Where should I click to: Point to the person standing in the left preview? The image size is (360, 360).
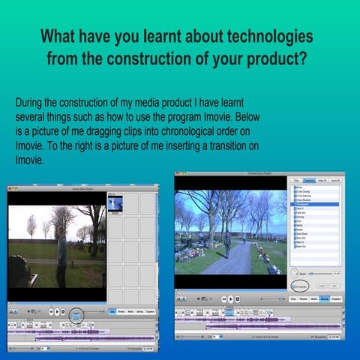pos(61,252)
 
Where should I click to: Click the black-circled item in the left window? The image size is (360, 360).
pos(76,314)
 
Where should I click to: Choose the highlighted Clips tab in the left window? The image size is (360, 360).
pos(112,311)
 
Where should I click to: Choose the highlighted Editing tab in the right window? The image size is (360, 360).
pos(324,298)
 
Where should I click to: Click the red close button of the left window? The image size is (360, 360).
pos(10,190)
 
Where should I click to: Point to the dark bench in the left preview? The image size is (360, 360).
pos(20,271)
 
